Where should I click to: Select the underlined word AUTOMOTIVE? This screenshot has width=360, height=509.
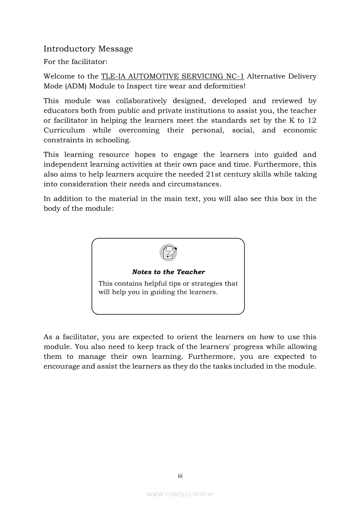(x=147, y=76)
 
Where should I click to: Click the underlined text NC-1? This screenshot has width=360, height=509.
(x=233, y=76)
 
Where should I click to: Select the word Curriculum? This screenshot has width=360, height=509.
(x=64, y=130)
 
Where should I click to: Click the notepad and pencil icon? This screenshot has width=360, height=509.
(x=168, y=253)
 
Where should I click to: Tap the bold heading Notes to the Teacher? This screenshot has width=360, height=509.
(x=168, y=272)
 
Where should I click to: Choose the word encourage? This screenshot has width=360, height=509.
(x=61, y=366)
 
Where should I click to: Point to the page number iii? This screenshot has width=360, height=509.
(x=180, y=476)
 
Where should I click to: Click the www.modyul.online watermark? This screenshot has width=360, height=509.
(x=180, y=494)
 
